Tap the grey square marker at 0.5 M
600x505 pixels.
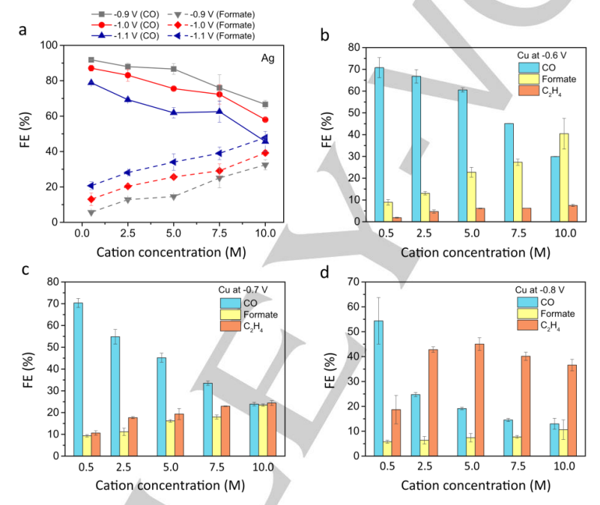pyautogui.click(x=91, y=60)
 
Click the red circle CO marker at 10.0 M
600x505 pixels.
pyautogui.click(x=265, y=120)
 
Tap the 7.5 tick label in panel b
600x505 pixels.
pyautogui.click(x=517, y=233)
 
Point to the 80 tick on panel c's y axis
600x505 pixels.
pyautogui.click(x=58, y=282)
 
